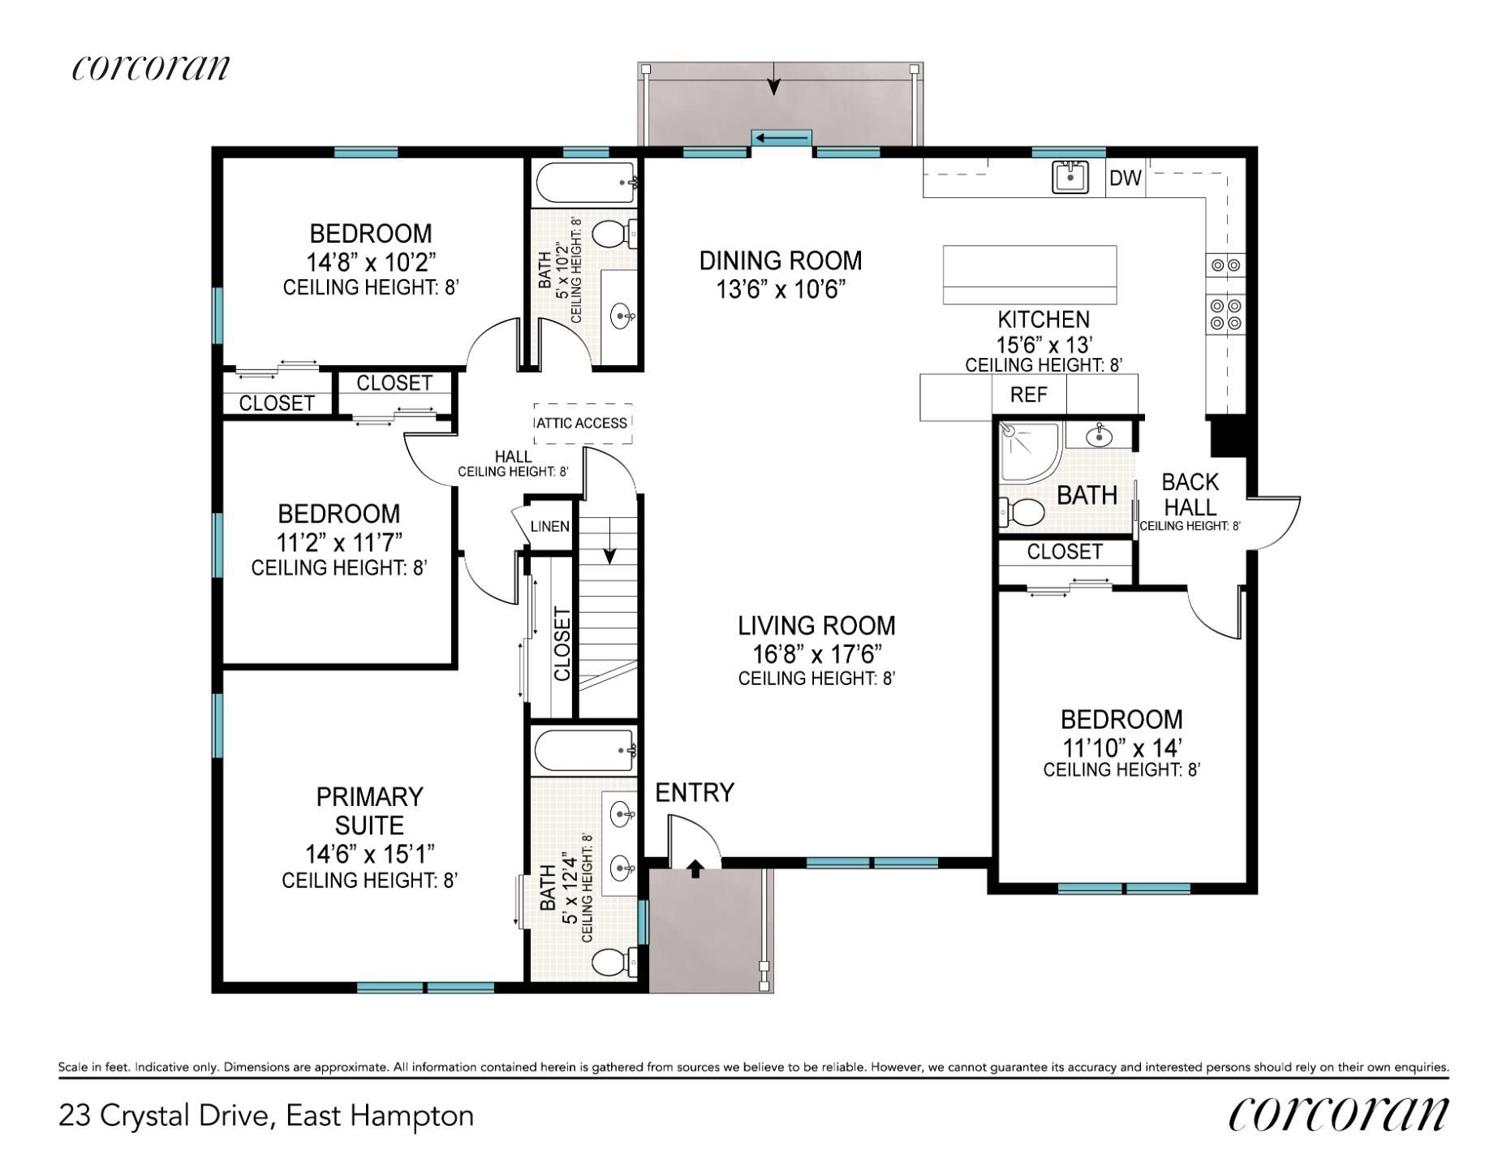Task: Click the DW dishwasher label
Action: pos(1126,178)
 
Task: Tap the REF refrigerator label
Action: pos(1028,394)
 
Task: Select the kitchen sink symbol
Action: pos(1070,177)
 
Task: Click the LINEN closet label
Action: pos(550,526)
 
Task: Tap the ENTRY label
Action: pos(695,792)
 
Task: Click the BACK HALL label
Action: pos(1190,494)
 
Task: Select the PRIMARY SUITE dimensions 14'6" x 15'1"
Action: pos(370,854)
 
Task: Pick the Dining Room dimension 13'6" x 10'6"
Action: pos(781,289)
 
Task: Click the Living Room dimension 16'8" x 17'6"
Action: pos(817,653)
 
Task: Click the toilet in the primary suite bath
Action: pos(614,963)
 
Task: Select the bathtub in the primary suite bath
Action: pos(584,749)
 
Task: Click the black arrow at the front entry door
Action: pos(695,869)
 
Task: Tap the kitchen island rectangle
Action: pos(1030,275)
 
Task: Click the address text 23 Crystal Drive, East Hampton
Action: pos(266,1116)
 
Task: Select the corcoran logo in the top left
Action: pos(151,67)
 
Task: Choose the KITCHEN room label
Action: pos(1044,319)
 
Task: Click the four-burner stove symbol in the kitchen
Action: pos(1225,315)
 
